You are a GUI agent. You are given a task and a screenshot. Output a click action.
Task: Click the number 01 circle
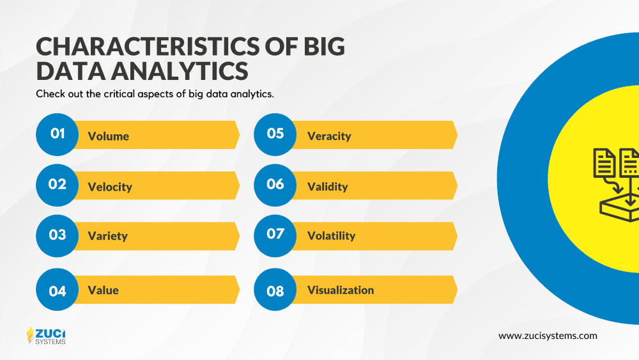pyautogui.click(x=57, y=134)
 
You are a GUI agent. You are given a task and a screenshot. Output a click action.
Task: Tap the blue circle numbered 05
pyautogui.click(x=275, y=134)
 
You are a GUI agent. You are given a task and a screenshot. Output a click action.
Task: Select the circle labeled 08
pyautogui.click(x=275, y=290)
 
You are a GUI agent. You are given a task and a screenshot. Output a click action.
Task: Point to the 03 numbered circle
pyautogui.click(x=57, y=236)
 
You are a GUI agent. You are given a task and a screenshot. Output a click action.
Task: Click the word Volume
pyautogui.click(x=109, y=136)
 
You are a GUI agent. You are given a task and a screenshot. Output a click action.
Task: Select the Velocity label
pyautogui.click(x=110, y=187)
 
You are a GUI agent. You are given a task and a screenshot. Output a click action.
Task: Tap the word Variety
pyautogui.click(x=107, y=236)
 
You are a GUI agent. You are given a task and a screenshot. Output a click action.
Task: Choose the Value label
pyautogui.click(x=103, y=290)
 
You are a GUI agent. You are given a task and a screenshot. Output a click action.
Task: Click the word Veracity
pyautogui.click(x=329, y=136)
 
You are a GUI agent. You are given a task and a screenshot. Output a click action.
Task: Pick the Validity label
pyautogui.click(x=328, y=187)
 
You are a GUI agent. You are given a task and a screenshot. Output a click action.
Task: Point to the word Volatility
pyautogui.click(x=331, y=236)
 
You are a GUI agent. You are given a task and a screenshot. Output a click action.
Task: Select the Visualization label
pyautogui.click(x=341, y=290)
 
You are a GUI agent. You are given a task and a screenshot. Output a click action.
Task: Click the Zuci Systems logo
pyautogui.click(x=46, y=336)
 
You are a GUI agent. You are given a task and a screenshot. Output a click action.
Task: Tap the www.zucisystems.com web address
pyautogui.click(x=548, y=336)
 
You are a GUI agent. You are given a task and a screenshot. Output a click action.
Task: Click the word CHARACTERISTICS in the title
pyautogui.click(x=148, y=46)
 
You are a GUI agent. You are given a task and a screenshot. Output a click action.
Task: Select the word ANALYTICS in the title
pyautogui.click(x=180, y=70)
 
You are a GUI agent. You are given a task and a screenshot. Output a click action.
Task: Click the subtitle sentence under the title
pyautogui.click(x=155, y=94)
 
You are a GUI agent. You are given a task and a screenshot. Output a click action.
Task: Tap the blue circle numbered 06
pyautogui.click(x=275, y=185)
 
